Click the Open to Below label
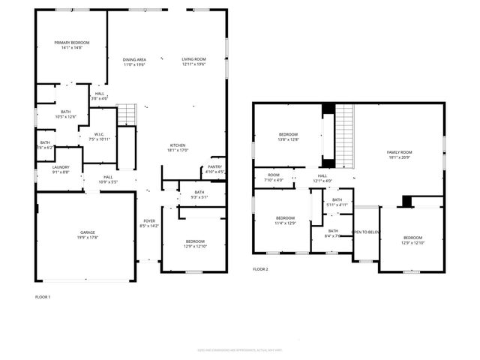tap(366, 232)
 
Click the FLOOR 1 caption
tap(43, 297)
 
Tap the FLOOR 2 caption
tap(260, 268)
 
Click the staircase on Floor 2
tap(344, 136)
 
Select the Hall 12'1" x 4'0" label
tap(322, 177)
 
